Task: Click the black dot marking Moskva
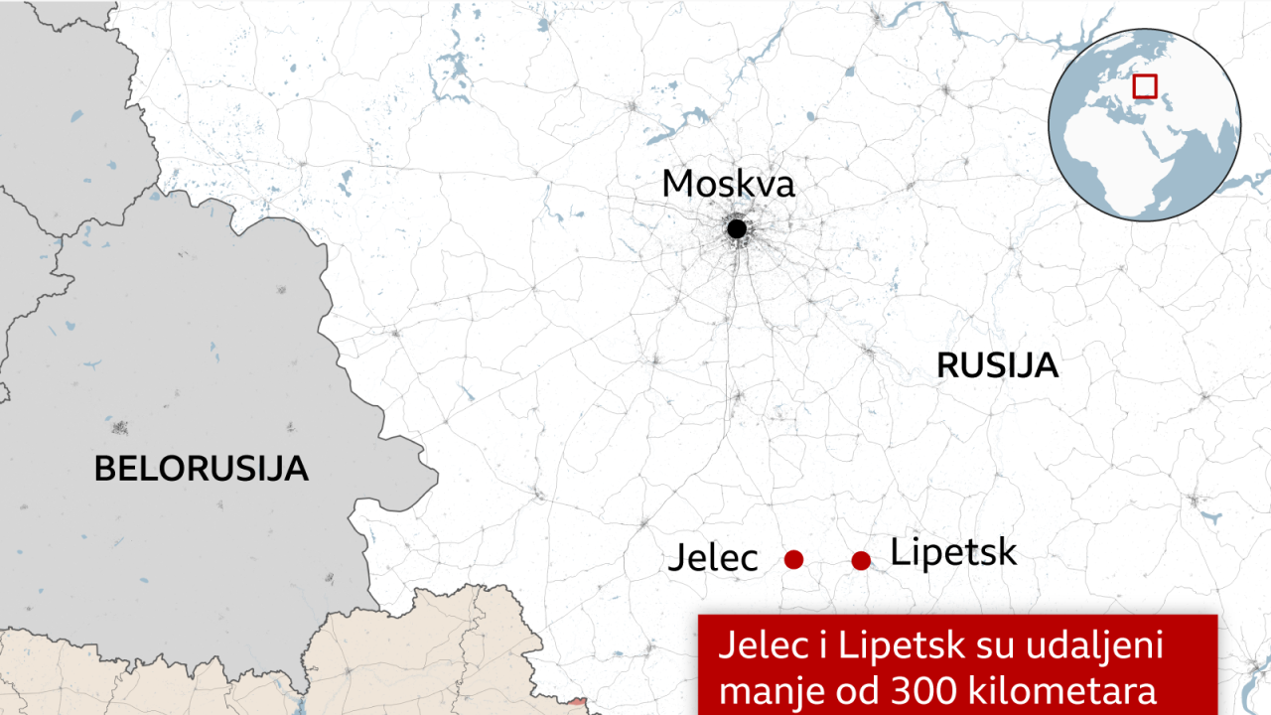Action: [736, 229]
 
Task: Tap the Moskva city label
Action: [728, 184]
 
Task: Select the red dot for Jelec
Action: [793, 559]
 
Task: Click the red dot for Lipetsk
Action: [861, 560]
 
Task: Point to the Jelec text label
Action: [712, 558]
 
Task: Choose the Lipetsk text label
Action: [953, 552]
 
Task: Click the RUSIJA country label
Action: [997, 365]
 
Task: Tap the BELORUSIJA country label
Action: [201, 468]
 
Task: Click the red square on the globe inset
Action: [1145, 86]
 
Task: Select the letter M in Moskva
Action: [678, 184]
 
